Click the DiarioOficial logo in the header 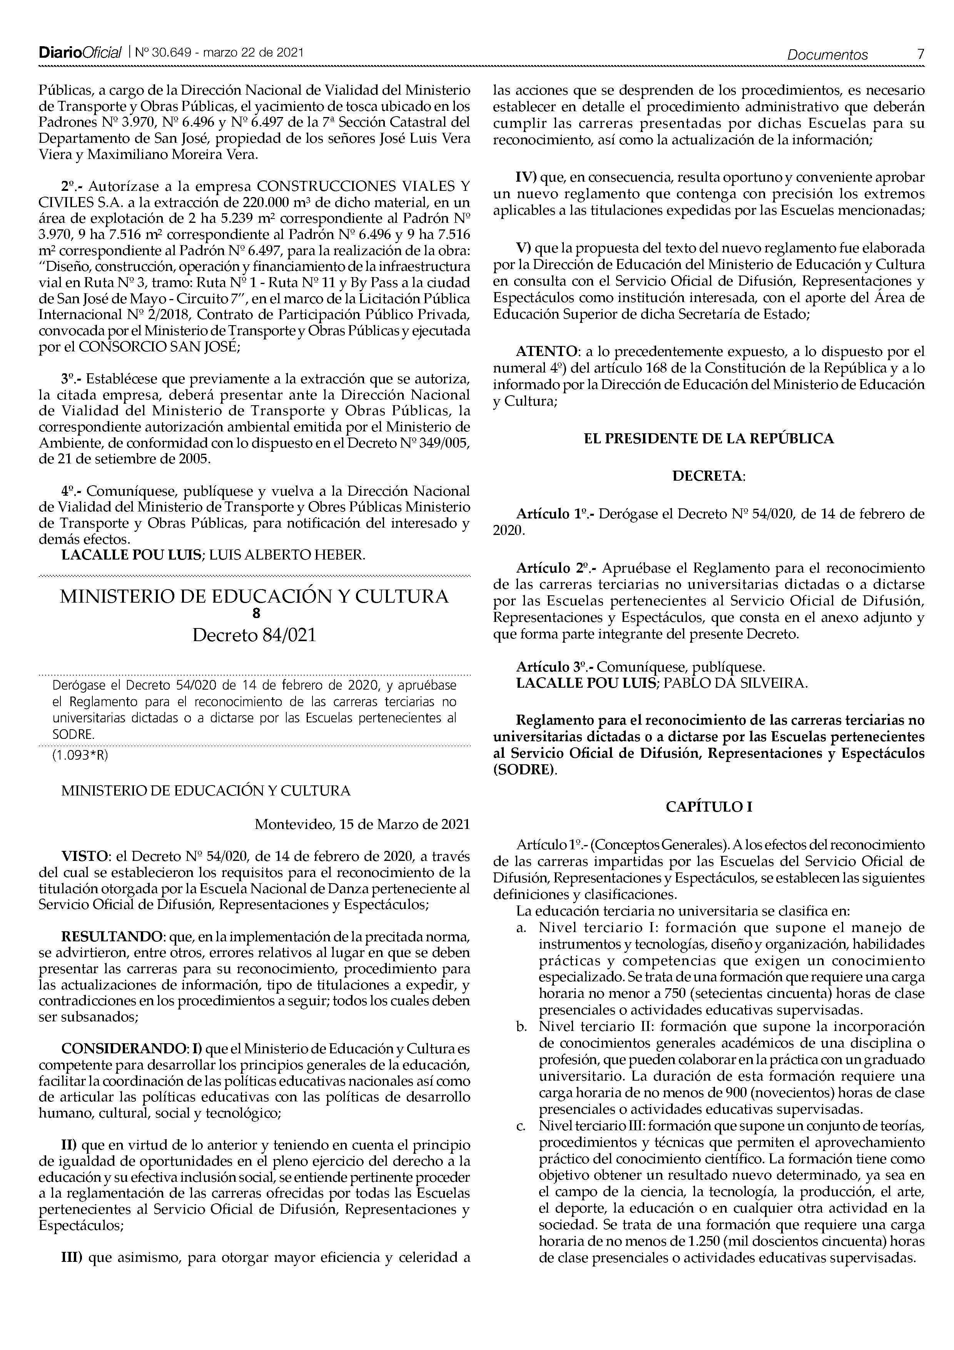point(80,53)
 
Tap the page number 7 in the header point(920,54)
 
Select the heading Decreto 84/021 point(254,636)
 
